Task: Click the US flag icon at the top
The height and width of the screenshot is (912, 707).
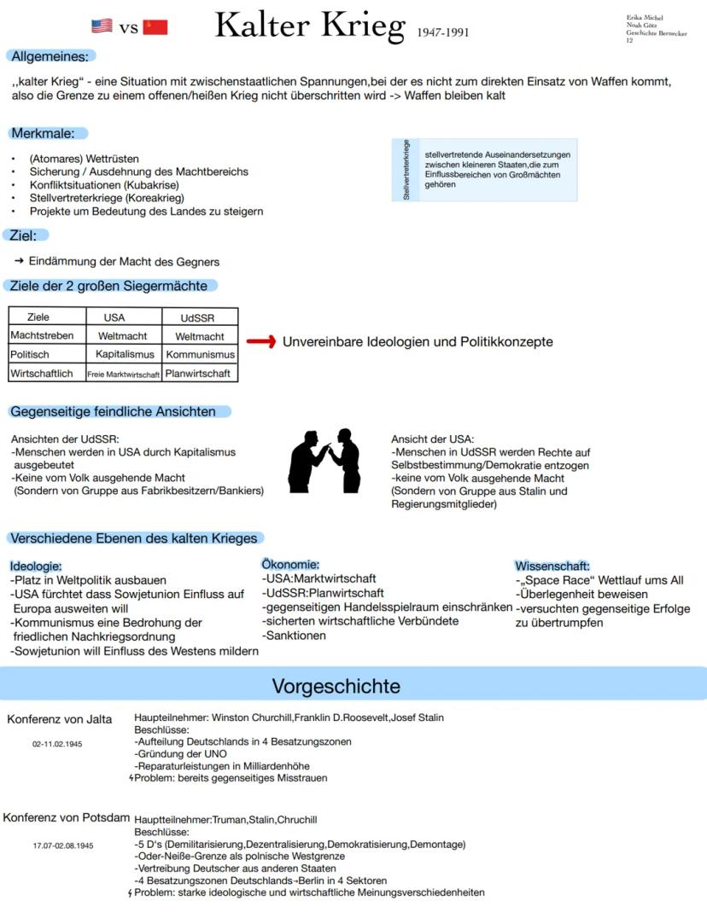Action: click(x=102, y=26)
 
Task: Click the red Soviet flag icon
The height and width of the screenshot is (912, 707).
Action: click(x=155, y=26)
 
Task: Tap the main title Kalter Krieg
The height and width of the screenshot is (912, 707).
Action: click(x=309, y=26)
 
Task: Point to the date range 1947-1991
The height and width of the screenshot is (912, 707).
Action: click(x=443, y=33)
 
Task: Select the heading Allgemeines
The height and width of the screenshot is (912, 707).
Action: click(x=50, y=56)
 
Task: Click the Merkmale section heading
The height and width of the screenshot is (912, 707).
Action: click(x=49, y=133)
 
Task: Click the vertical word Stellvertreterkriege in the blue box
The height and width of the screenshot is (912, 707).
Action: click(x=406, y=170)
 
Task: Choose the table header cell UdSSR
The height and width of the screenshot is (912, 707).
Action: click(x=198, y=317)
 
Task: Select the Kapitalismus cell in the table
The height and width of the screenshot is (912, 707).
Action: click(x=125, y=354)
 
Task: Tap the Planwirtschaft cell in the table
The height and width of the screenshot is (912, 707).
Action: click(x=200, y=373)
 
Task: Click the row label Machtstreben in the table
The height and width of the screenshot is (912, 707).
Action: click(x=42, y=336)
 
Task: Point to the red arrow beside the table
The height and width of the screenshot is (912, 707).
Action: click(x=260, y=342)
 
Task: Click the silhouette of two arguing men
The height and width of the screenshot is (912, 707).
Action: click(x=325, y=460)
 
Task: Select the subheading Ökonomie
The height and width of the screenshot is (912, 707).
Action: click(x=290, y=565)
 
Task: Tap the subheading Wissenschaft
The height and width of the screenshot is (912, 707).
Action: click(x=552, y=566)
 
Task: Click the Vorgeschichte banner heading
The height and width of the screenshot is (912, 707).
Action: click(x=336, y=686)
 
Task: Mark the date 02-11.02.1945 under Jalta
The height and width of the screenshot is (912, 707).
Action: click(x=57, y=744)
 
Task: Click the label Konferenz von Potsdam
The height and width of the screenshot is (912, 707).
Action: click(x=65, y=817)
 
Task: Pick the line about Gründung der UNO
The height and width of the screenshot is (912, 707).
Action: click(x=180, y=754)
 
